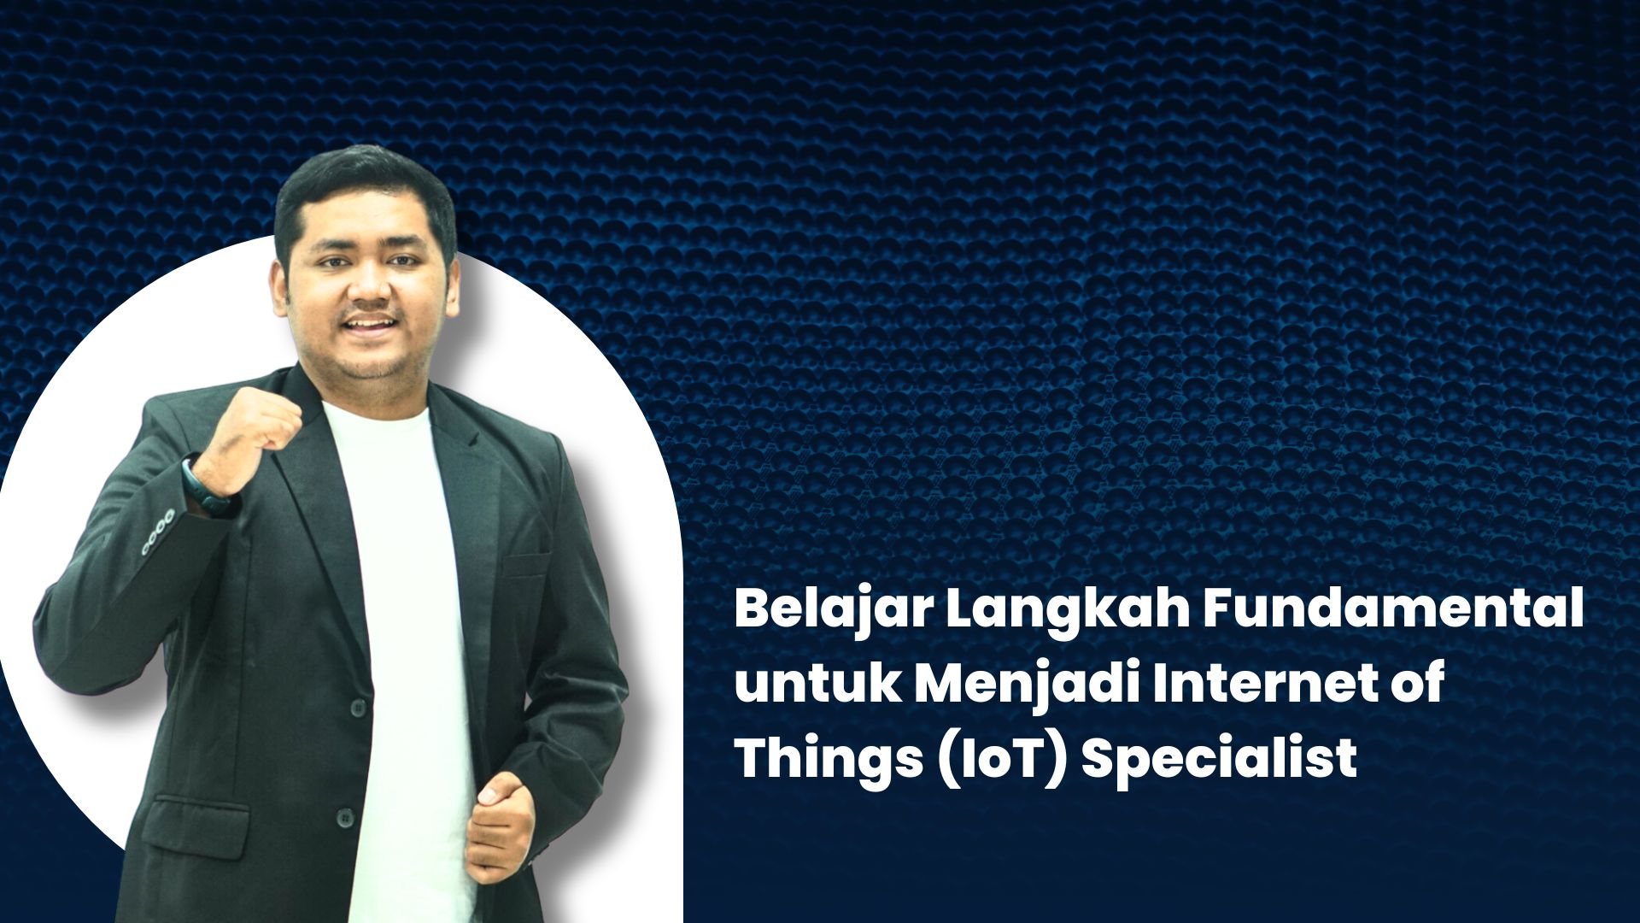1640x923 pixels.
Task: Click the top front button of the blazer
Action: [x=357, y=707]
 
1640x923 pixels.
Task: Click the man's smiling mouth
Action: [x=371, y=326]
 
